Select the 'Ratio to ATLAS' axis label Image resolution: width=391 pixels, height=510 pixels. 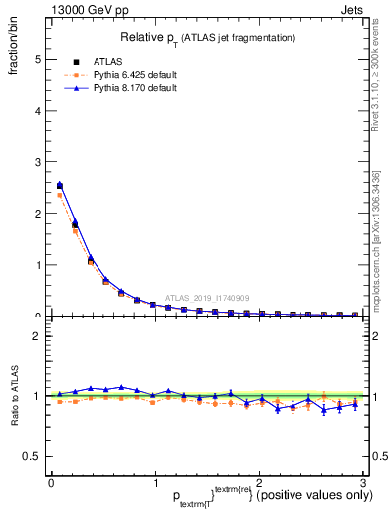[15, 396]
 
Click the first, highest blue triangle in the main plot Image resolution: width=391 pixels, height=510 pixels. [60, 184]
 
